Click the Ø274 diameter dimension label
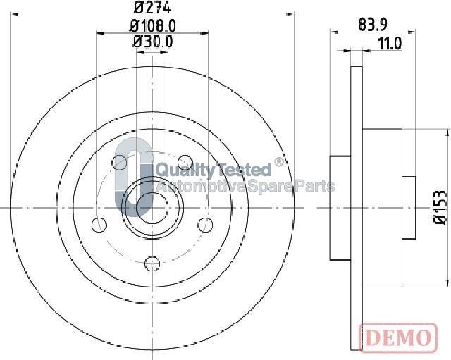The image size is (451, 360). click(152, 9)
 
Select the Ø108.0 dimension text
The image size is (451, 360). click(152, 25)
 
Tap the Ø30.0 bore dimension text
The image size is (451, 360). click(152, 42)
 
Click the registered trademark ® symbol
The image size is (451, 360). click(279, 163)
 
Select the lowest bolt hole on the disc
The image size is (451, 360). click(152, 263)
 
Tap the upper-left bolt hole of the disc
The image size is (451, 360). click(120, 163)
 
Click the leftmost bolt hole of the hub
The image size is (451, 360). click(99, 225)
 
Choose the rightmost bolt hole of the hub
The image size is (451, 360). click(205, 224)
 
